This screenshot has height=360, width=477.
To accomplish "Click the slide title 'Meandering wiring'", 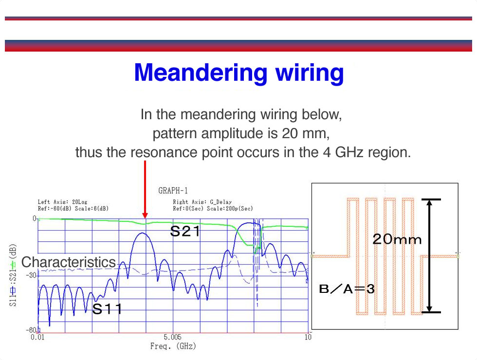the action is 239,72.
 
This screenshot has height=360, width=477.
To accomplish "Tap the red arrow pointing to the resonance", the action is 145,189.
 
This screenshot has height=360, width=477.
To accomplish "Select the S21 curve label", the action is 185,232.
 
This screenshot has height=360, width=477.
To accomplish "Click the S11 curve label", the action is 107,309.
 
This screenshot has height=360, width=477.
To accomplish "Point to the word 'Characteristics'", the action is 69,262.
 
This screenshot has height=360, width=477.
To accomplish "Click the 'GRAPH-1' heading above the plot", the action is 173,191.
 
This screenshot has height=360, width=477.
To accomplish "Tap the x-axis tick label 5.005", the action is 172,337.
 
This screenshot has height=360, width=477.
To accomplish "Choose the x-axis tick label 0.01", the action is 37,337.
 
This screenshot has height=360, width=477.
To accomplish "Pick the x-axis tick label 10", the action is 308,337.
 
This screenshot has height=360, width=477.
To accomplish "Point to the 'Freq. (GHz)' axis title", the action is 173,346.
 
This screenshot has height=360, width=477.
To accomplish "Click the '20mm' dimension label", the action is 397,239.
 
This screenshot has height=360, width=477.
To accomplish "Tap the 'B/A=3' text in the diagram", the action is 347,288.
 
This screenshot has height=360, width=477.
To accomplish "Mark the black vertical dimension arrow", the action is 429,256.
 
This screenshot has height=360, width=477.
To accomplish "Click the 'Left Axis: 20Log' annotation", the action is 62,202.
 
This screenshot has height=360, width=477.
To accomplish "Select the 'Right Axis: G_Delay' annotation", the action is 202,202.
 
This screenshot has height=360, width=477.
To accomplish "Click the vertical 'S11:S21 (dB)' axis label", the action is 13,275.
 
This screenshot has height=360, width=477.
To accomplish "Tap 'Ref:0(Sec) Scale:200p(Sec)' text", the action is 213,209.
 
